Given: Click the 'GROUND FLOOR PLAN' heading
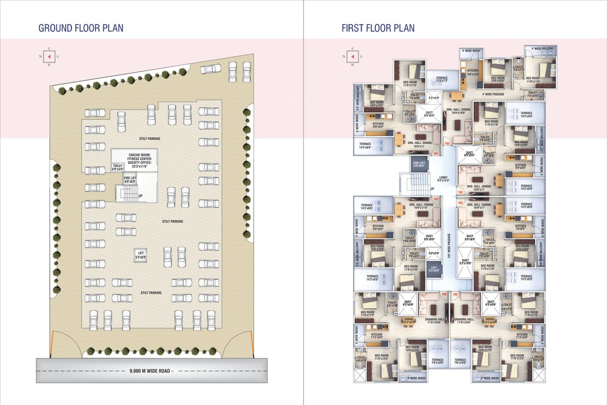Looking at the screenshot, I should point(81,28).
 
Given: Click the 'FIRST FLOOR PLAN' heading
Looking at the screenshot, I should point(378,28).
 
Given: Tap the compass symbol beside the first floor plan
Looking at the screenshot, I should point(352,56).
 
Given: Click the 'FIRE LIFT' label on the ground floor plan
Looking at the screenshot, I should point(130,179).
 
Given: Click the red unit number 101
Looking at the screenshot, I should point(436,154).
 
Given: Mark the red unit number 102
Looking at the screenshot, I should point(447,143).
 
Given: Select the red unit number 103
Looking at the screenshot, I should point(461,192).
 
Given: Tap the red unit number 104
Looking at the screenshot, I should point(461,202).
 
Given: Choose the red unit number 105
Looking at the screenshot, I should point(455,294).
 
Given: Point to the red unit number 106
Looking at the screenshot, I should point(444,294).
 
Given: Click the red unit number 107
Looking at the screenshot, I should point(435,199).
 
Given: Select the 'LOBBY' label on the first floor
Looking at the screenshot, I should point(443,178).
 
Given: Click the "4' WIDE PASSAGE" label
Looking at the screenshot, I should point(493,94).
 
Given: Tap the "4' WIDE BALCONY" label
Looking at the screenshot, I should point(542,49).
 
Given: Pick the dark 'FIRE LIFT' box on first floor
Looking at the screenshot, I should point(419,165).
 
